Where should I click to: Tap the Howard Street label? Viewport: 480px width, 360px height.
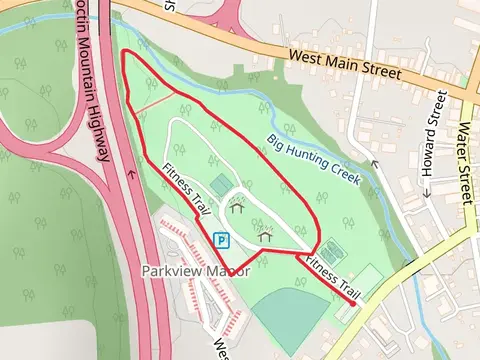[x=433, y=141]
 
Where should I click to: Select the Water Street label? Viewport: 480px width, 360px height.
[x=462, y=161]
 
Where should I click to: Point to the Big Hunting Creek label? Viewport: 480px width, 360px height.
[x=313, y=158]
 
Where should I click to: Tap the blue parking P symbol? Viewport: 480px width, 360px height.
[x=221, y=240]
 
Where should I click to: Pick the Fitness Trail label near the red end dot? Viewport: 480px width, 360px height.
[x=333, y=276]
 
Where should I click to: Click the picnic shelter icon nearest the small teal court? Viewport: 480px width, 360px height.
[x=238, y=208]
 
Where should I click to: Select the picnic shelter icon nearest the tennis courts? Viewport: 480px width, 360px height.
[x=266, y=236]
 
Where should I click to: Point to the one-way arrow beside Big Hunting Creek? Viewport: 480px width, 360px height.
[x=375, y=163]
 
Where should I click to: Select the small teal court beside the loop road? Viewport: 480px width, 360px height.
[x=221, y=183]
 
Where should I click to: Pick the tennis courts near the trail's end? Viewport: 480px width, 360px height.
[x=331, y=251]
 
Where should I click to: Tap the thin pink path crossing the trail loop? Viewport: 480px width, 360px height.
[x=156, y=99]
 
